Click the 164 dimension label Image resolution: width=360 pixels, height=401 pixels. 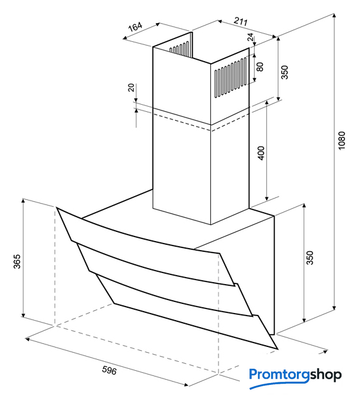(135, 27)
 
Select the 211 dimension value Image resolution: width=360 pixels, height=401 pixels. (241, 21)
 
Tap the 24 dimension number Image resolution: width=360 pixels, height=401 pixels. (251, 37)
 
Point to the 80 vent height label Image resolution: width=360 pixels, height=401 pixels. (260, 67)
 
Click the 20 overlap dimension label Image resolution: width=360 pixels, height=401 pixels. (130, 87)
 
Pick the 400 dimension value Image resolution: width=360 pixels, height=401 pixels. (261, 153)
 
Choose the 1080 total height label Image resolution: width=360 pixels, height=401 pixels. (341, 141)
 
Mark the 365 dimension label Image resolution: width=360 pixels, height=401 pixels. (17, 262)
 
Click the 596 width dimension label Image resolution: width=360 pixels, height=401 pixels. (109, 370)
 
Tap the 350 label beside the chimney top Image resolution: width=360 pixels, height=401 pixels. (285, 72)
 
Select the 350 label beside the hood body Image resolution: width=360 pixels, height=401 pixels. (310, 258)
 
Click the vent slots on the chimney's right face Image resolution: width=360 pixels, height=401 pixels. (231, 77)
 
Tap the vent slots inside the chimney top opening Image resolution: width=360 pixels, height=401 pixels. (179, 49)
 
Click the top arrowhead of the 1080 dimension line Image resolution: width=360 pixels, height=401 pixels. (334, 16)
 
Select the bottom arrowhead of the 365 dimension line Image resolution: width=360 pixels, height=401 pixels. (23, 314)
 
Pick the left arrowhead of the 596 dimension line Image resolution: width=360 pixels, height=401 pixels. (28, 339)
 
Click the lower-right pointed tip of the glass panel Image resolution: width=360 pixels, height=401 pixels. (278, 349)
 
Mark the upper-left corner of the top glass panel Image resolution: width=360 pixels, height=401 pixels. (57, 208)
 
